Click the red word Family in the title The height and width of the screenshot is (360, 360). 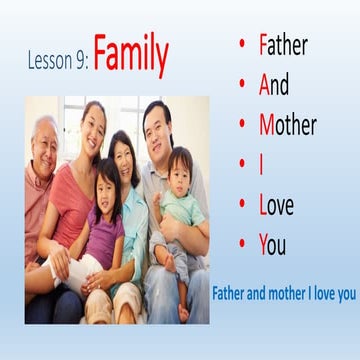(x=131, y=56)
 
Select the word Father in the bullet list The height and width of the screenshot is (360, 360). (x=283, y=46)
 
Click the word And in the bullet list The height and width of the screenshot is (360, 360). (x=277, y=86)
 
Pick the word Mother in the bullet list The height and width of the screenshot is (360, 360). (x=287, y=126)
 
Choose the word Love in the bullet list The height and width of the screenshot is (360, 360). (x=279, y=206)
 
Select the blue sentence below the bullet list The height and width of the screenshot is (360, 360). (x=284, y=296)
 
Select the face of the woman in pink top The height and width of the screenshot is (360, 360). (x=92, y=127)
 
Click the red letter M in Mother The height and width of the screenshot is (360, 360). (x=267, y=126)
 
